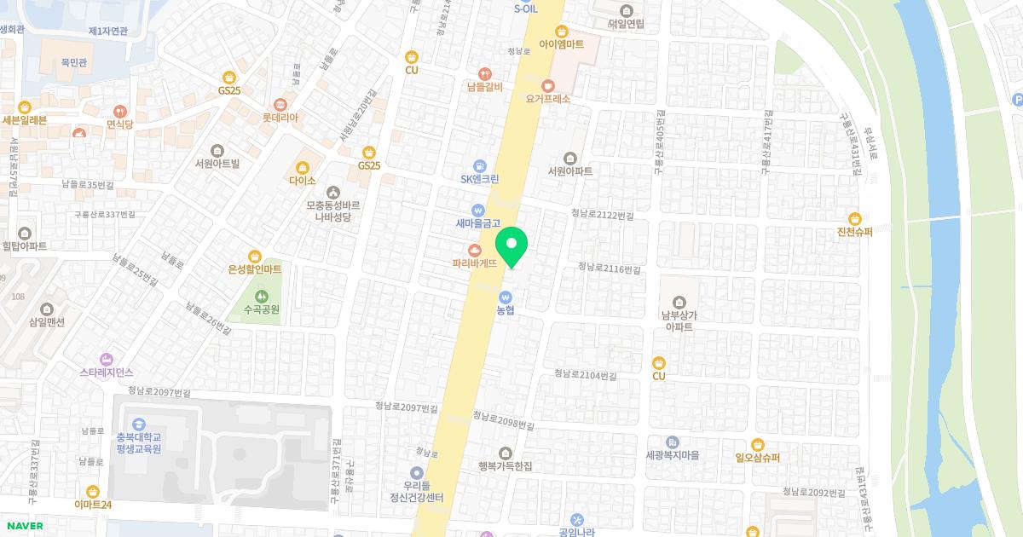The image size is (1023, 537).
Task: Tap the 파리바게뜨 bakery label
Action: pos(475,264)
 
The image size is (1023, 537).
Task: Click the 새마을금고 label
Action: pos(477,223)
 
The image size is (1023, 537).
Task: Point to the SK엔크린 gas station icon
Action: pos(479,165)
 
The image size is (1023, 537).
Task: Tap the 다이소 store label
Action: pos(303,181)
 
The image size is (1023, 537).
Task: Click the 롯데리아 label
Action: pos(280,118)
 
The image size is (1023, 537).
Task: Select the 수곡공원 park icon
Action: pos(261,296)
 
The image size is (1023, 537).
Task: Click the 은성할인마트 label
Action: pos(254,269)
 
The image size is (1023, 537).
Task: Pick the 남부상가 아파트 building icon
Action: pos(679,302)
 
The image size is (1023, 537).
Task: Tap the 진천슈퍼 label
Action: pos(855,232)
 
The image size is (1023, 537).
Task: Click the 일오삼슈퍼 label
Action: pos(757,457)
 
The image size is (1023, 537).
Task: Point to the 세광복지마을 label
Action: pos(673,455)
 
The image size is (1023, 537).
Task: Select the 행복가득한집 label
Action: pos(506,466)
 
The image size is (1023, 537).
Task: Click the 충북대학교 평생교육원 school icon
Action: pos(138,424)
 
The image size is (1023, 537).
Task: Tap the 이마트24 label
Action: pos(93,505)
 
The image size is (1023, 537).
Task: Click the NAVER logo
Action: pos(24,526)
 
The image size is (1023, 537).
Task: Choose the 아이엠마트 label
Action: pos(561,44)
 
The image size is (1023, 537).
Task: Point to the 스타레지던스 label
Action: pos(107,372)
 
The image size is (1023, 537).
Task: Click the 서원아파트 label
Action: pos(570,171)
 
